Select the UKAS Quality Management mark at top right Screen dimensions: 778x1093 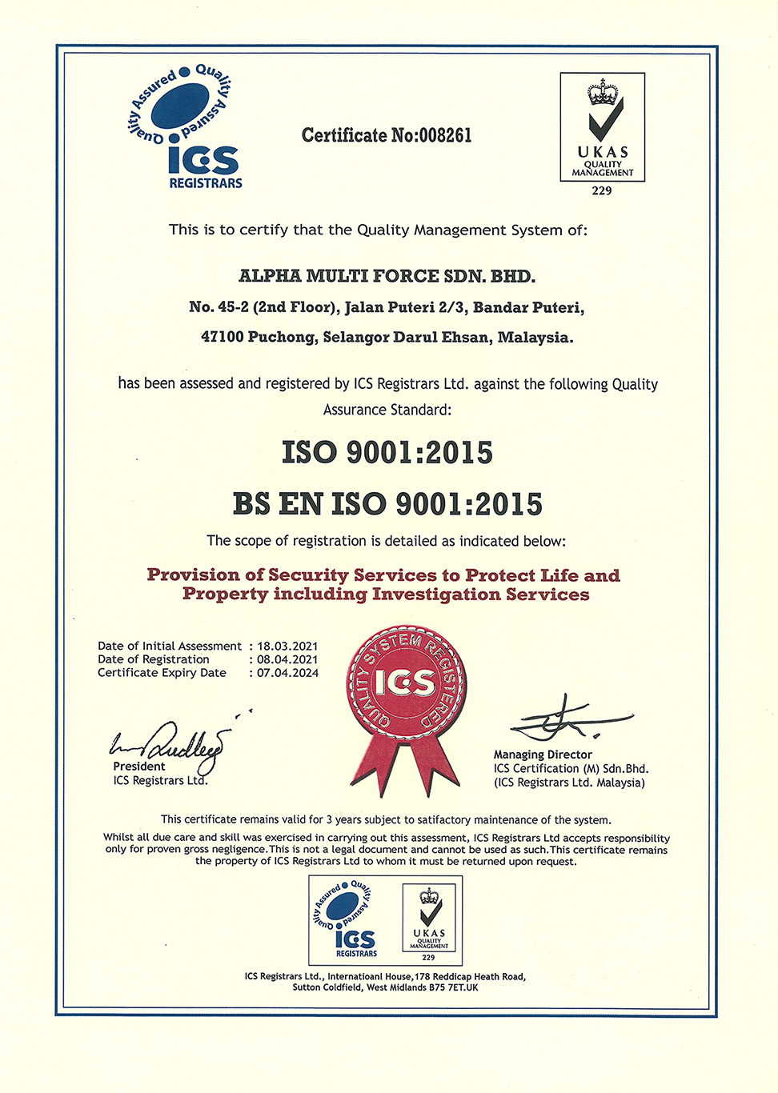pos(602,127)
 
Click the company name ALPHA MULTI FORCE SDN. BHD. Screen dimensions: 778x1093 pos(387,276)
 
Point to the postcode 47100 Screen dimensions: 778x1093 pos(222,338)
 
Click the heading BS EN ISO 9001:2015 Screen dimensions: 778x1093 pos(387,504)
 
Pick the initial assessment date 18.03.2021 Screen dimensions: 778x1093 pos(287,646)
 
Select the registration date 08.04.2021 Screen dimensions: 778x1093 pos(287,659)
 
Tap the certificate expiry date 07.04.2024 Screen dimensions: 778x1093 pos(287,673)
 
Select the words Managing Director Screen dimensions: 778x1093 pos(543,755)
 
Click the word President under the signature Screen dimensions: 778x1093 pos(139,767)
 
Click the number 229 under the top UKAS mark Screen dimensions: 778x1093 pos(602,190)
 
